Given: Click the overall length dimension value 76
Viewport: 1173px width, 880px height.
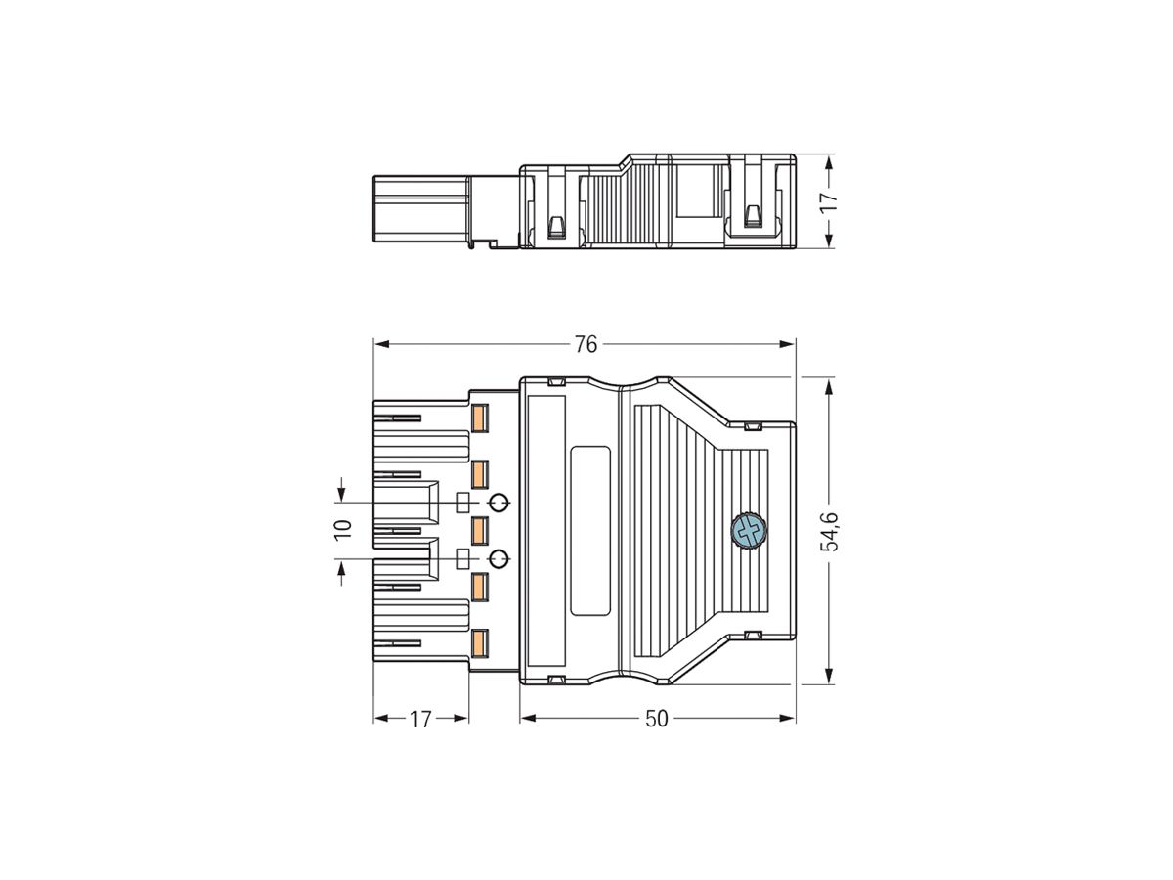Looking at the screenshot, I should pos(585,344).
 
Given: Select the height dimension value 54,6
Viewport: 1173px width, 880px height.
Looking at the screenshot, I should pos(829,530).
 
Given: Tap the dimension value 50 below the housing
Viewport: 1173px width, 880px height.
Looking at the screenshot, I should pos(657,719).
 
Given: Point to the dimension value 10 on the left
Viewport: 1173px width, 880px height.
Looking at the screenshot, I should pos(342,530).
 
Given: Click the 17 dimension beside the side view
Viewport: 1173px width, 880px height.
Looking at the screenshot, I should pos(829,201).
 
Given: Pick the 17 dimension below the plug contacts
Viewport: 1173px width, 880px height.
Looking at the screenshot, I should pos(420,719).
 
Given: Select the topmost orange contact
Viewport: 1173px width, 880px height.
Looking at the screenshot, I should pos(480,418).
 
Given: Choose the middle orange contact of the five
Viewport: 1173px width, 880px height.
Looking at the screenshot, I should pos(480,530).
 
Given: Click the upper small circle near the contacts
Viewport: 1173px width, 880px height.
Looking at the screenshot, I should pos(499,503).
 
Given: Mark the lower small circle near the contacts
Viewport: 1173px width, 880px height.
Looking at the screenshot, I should pos(499,558).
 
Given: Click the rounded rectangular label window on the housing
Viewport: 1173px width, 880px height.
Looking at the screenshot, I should pos(589,531).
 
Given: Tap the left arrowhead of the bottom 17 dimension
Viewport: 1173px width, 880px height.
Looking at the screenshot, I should pos(380,718).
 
